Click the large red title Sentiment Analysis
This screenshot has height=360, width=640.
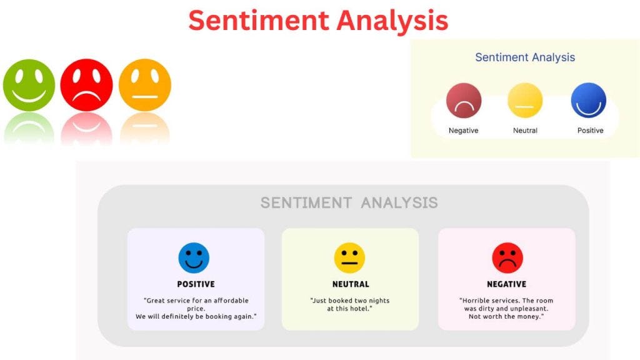pos(318,21)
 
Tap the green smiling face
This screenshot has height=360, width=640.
pos(29,85)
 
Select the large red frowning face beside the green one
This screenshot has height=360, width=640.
pos(86,85)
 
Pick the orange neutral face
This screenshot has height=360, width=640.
pos(144,85)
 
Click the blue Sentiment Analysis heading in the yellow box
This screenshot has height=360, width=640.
pos(525,57)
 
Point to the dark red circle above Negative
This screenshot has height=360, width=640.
pos(464,101)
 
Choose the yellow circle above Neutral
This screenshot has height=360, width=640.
pos(525,101)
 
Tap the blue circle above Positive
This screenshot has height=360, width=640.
pos(589,101)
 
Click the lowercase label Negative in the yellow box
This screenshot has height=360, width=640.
pos(463,131)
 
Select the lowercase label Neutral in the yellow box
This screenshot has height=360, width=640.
pos(525,131)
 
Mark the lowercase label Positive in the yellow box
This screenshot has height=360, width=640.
pos(590,131)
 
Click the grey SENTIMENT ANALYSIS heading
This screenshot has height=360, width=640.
pos(349,202)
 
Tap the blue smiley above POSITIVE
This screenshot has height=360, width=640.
pos(194,258)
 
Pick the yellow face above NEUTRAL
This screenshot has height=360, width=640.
pos(349,258)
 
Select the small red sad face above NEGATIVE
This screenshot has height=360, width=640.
pos(507,258)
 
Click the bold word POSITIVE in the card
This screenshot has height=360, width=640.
pos(196,284)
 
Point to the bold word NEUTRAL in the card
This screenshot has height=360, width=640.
pos(350,284)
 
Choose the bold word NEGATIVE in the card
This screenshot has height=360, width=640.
pos(506,284)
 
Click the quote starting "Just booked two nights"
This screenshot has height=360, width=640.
pos(349,304)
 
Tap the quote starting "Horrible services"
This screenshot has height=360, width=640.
pos(506,308)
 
